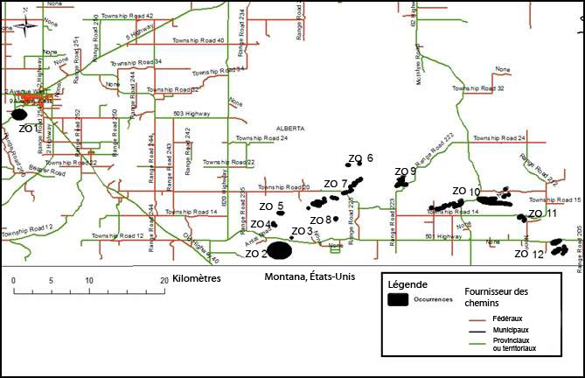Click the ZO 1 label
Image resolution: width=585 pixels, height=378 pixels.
(x=27, y=129)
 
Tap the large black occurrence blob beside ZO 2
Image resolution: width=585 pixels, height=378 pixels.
(x=280, y=251)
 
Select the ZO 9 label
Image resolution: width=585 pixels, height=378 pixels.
(x=405, y=171)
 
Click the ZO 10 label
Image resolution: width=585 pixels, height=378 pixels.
(x=466, y=191)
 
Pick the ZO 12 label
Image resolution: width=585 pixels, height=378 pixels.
(x=529, y=254)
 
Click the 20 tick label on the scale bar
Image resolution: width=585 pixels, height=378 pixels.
(x=164, y=280)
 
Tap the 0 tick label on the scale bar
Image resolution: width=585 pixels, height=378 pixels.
(x=14, y=280)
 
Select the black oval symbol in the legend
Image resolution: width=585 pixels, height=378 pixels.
(x=398, y=300)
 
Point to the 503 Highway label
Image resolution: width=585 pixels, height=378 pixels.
(x=192, y=113)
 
